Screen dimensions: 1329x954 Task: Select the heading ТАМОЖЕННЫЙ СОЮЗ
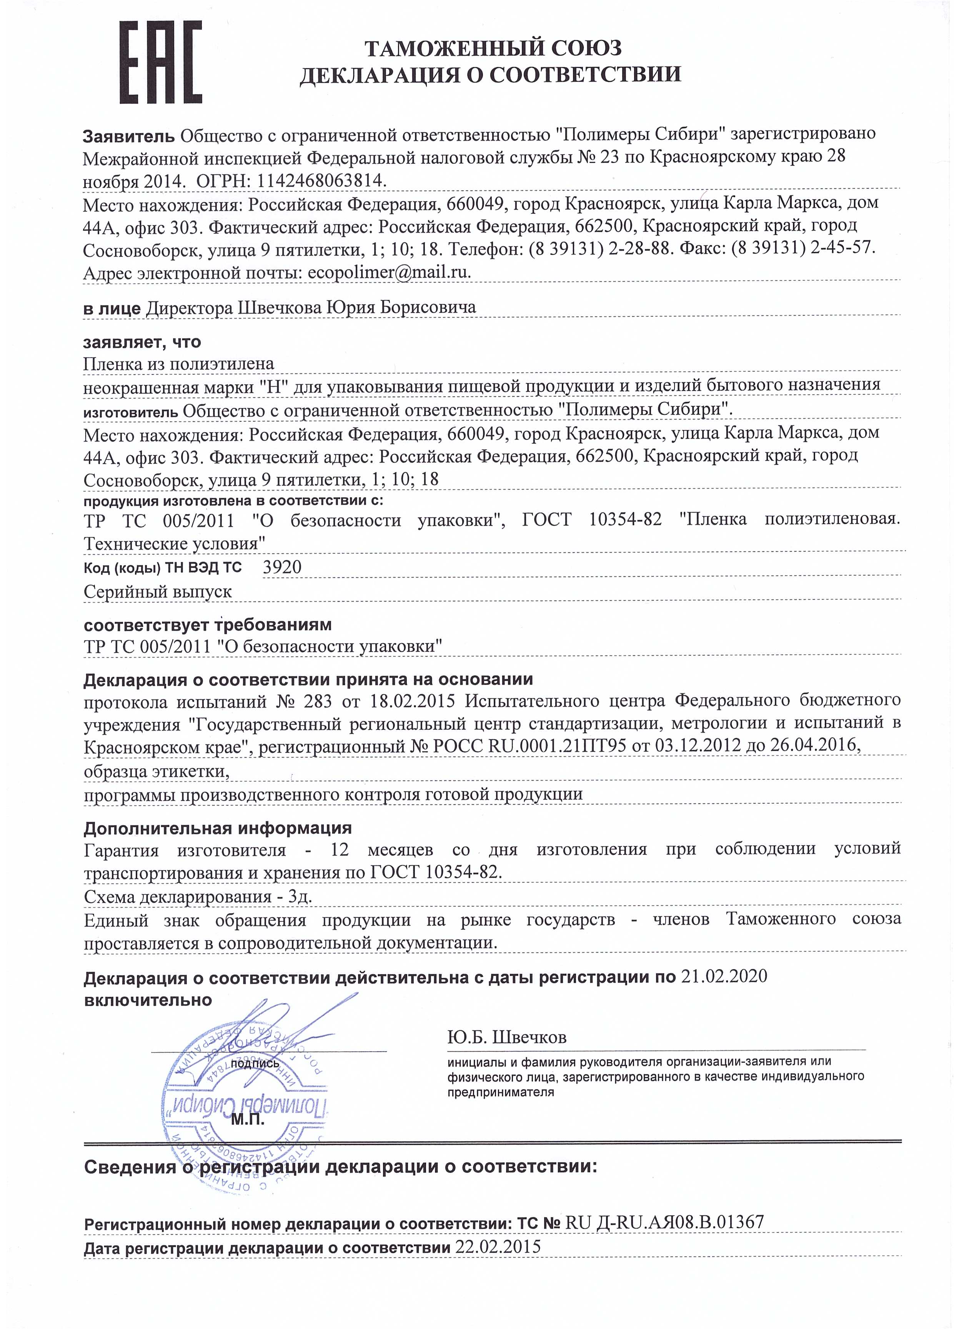click(x=493, y=47)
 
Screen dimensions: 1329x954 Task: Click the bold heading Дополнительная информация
click(x=217, y=828)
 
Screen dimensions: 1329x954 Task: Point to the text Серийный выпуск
click(x=158, y=592)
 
